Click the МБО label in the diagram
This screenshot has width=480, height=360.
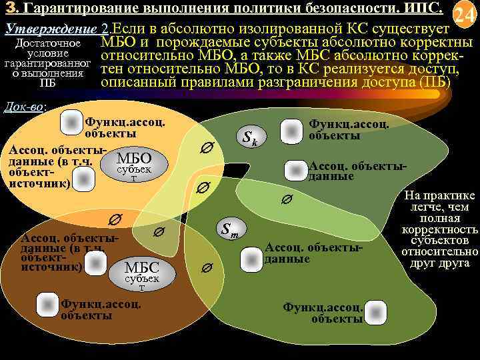(134, 159)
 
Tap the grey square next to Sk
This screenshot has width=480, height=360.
(291, 131)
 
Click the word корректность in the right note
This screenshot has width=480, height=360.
(440, 230)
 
